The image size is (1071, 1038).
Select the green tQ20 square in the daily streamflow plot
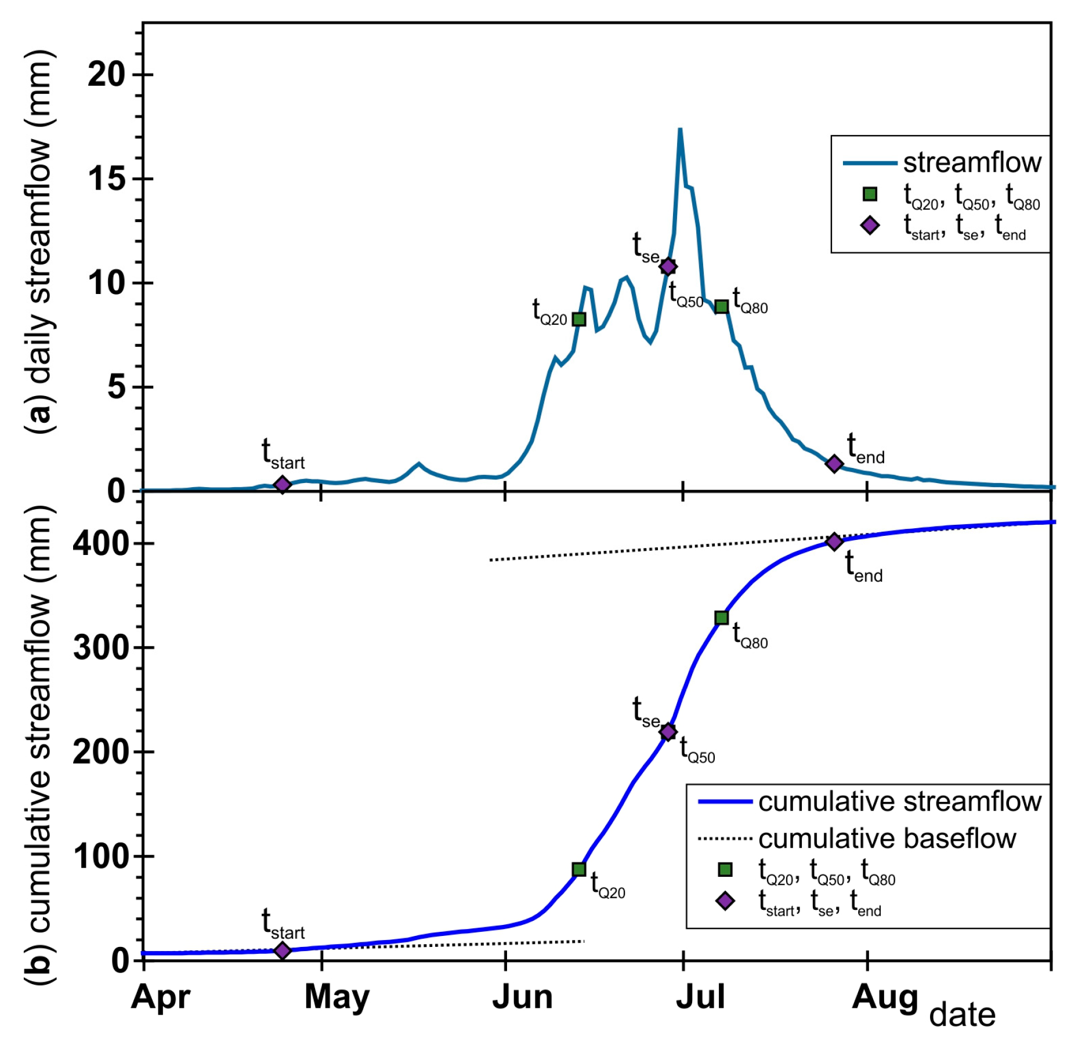click(x=578, y=319)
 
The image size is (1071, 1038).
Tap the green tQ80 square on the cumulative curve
click(x=721, y=618)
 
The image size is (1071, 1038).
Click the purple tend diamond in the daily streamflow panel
click(x=834, y=463)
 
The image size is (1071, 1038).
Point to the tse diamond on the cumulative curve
click(x=668, y=732)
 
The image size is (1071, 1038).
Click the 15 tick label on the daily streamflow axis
click(x=107, y=179)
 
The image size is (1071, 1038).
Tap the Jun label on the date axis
click(x=522, y=997)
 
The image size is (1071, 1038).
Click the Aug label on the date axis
click(x=885, y=997)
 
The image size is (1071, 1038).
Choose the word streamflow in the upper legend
click(x=972, y=162)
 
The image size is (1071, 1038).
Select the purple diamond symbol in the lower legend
click(x=725, y=901)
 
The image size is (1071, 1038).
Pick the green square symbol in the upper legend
click(x=870, y=194)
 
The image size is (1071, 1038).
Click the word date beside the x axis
click(x=962, y=1014)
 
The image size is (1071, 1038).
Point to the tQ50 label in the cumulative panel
click(x=697, y=750)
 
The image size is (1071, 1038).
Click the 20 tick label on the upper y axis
click(x=107, y=75)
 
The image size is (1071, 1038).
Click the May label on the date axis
click(x=337, y=997)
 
